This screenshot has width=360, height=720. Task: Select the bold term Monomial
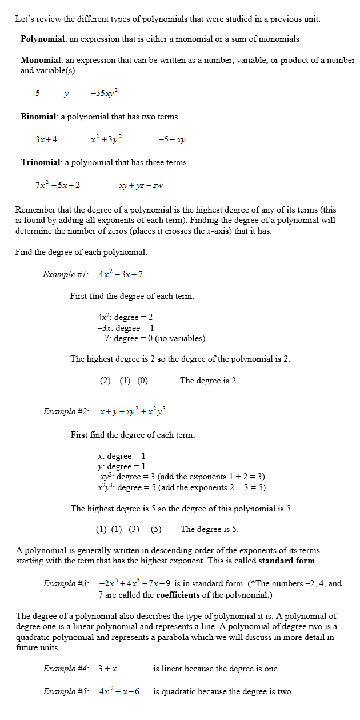click(41, 60)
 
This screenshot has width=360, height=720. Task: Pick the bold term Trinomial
click(41, 162)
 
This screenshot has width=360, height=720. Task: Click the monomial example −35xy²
click(104, 93)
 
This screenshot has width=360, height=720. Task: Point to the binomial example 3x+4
click(46, 139)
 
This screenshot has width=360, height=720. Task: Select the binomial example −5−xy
click(171, 139)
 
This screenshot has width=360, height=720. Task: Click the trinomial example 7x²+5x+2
click(57, 185)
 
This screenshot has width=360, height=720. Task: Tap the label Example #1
click(65, 274)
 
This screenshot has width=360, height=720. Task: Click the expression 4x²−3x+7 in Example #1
click(121, 274)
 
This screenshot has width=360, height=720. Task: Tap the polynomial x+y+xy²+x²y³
click(132, 411)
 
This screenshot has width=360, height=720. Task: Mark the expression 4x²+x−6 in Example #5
click(123, 691)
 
